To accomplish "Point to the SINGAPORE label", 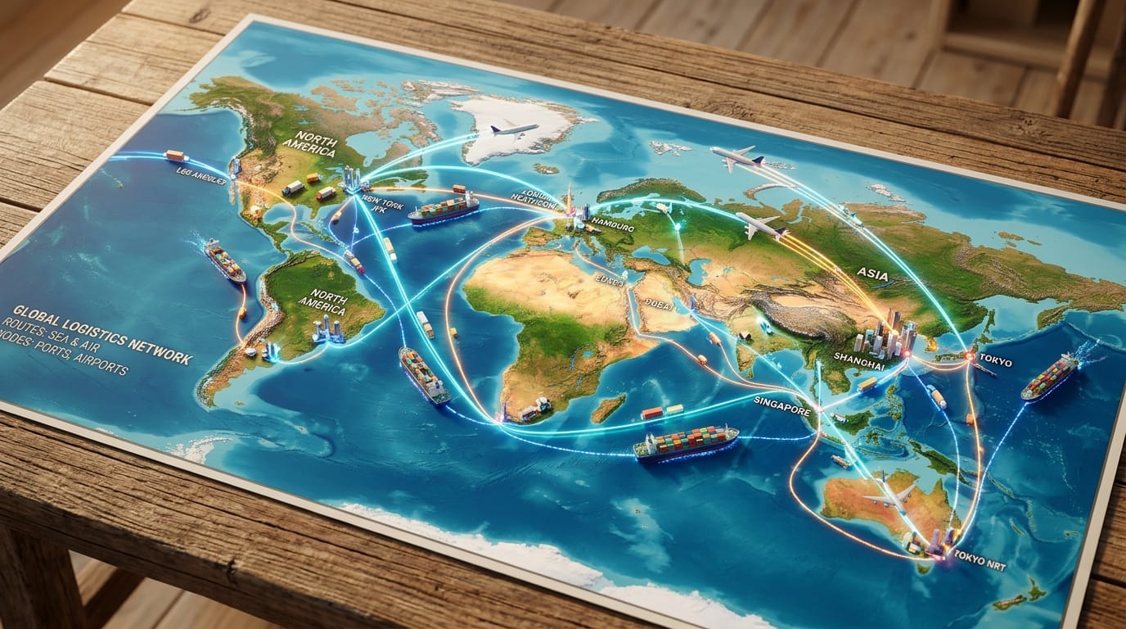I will point(781,401).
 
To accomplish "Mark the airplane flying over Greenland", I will point(513,129).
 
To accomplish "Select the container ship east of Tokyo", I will point(1051,377).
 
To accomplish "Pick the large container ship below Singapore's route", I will point(686,442).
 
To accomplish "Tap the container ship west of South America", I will point(224,260).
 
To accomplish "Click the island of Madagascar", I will point(608,409).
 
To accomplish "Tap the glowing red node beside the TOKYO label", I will point(971,356).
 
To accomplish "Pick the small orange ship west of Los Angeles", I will point(175,156).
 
